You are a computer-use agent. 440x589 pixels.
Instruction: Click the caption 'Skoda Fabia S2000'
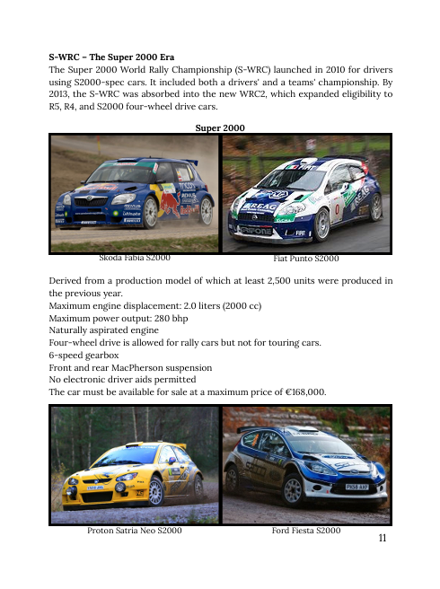click(134, 258)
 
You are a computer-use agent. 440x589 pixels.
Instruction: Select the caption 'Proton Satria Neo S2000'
click(135, 532)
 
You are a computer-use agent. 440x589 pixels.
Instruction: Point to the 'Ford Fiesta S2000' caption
click(305, 532)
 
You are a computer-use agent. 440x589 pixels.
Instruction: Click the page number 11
click(383, 538)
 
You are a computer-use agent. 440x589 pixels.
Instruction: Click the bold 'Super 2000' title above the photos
click(220, 128)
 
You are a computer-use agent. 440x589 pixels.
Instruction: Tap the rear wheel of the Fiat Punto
click(376, 208)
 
